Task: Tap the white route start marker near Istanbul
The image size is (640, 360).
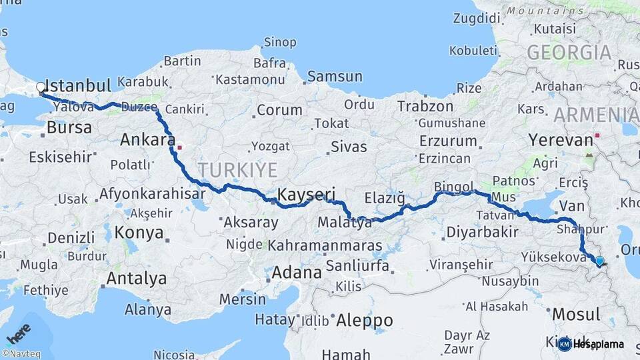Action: click(x=41, y=87)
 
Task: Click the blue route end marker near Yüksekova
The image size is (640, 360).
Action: click(x=599, y=261)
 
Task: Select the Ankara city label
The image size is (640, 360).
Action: click(x=147, y=140)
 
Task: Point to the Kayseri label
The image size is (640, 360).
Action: click(x=306, y=195)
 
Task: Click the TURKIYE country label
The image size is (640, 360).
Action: click(x=237, y=170)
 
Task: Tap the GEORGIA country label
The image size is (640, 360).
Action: click(x=569, y=53)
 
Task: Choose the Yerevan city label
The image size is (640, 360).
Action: click(x=561, y=140)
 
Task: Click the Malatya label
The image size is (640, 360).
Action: click(x=345, y=223)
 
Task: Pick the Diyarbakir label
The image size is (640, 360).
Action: click(x=482, y=232)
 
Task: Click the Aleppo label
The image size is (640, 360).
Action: click(x=364, y=321)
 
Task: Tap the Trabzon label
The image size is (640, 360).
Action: click(x=425, y=106)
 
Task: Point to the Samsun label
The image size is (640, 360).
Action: click(x=334, y=77)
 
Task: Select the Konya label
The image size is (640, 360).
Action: click(x=139, y=233)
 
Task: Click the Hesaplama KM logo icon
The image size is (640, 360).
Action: click(x=565, y=344)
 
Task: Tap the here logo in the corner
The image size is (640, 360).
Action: click(x=19, y=333)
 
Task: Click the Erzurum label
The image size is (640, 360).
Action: click(x=448, y=141)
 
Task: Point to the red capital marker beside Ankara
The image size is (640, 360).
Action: click(x=179, y=146)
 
